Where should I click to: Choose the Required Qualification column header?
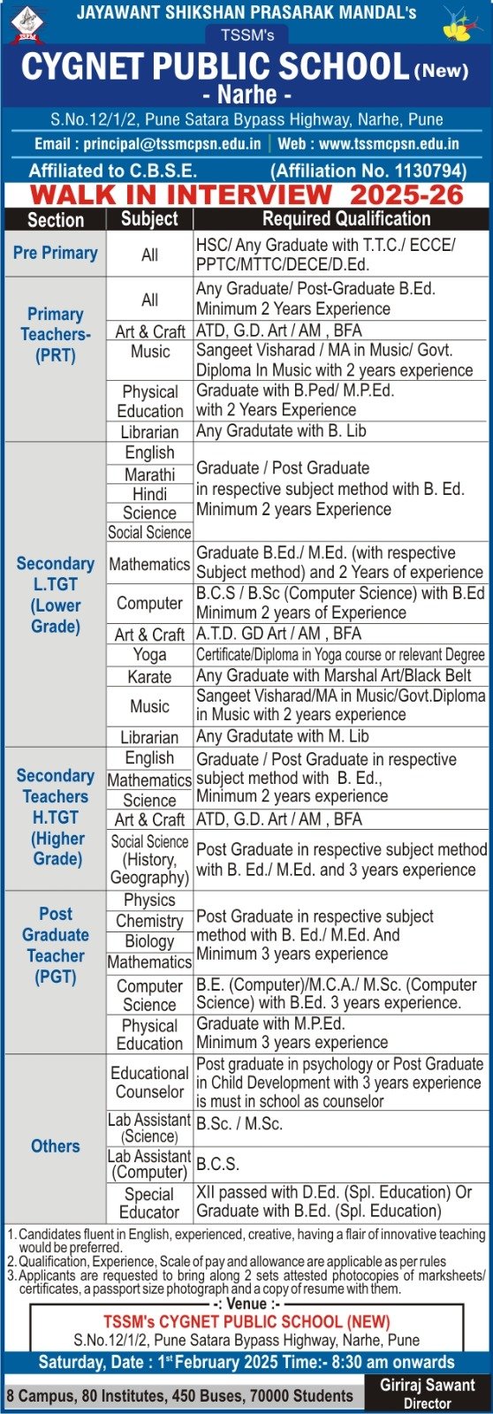click(346, 219)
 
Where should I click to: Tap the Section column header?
click(55, 220)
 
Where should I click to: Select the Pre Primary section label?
click(55, 253)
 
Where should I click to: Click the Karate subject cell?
click(149, 677)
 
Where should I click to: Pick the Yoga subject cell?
click(149, 655)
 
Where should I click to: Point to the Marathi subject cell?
click(149, 475)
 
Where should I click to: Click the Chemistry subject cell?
click(149, 921)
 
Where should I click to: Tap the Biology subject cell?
click(149, 941)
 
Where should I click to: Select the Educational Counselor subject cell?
click(149, 1082)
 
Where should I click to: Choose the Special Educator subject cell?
click(149, 1203)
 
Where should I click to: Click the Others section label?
click(55, 1146)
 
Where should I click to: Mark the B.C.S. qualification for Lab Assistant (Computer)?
click(218, 1164)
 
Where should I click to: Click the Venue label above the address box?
click(246, 1304)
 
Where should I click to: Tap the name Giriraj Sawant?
click(428, 1385)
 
